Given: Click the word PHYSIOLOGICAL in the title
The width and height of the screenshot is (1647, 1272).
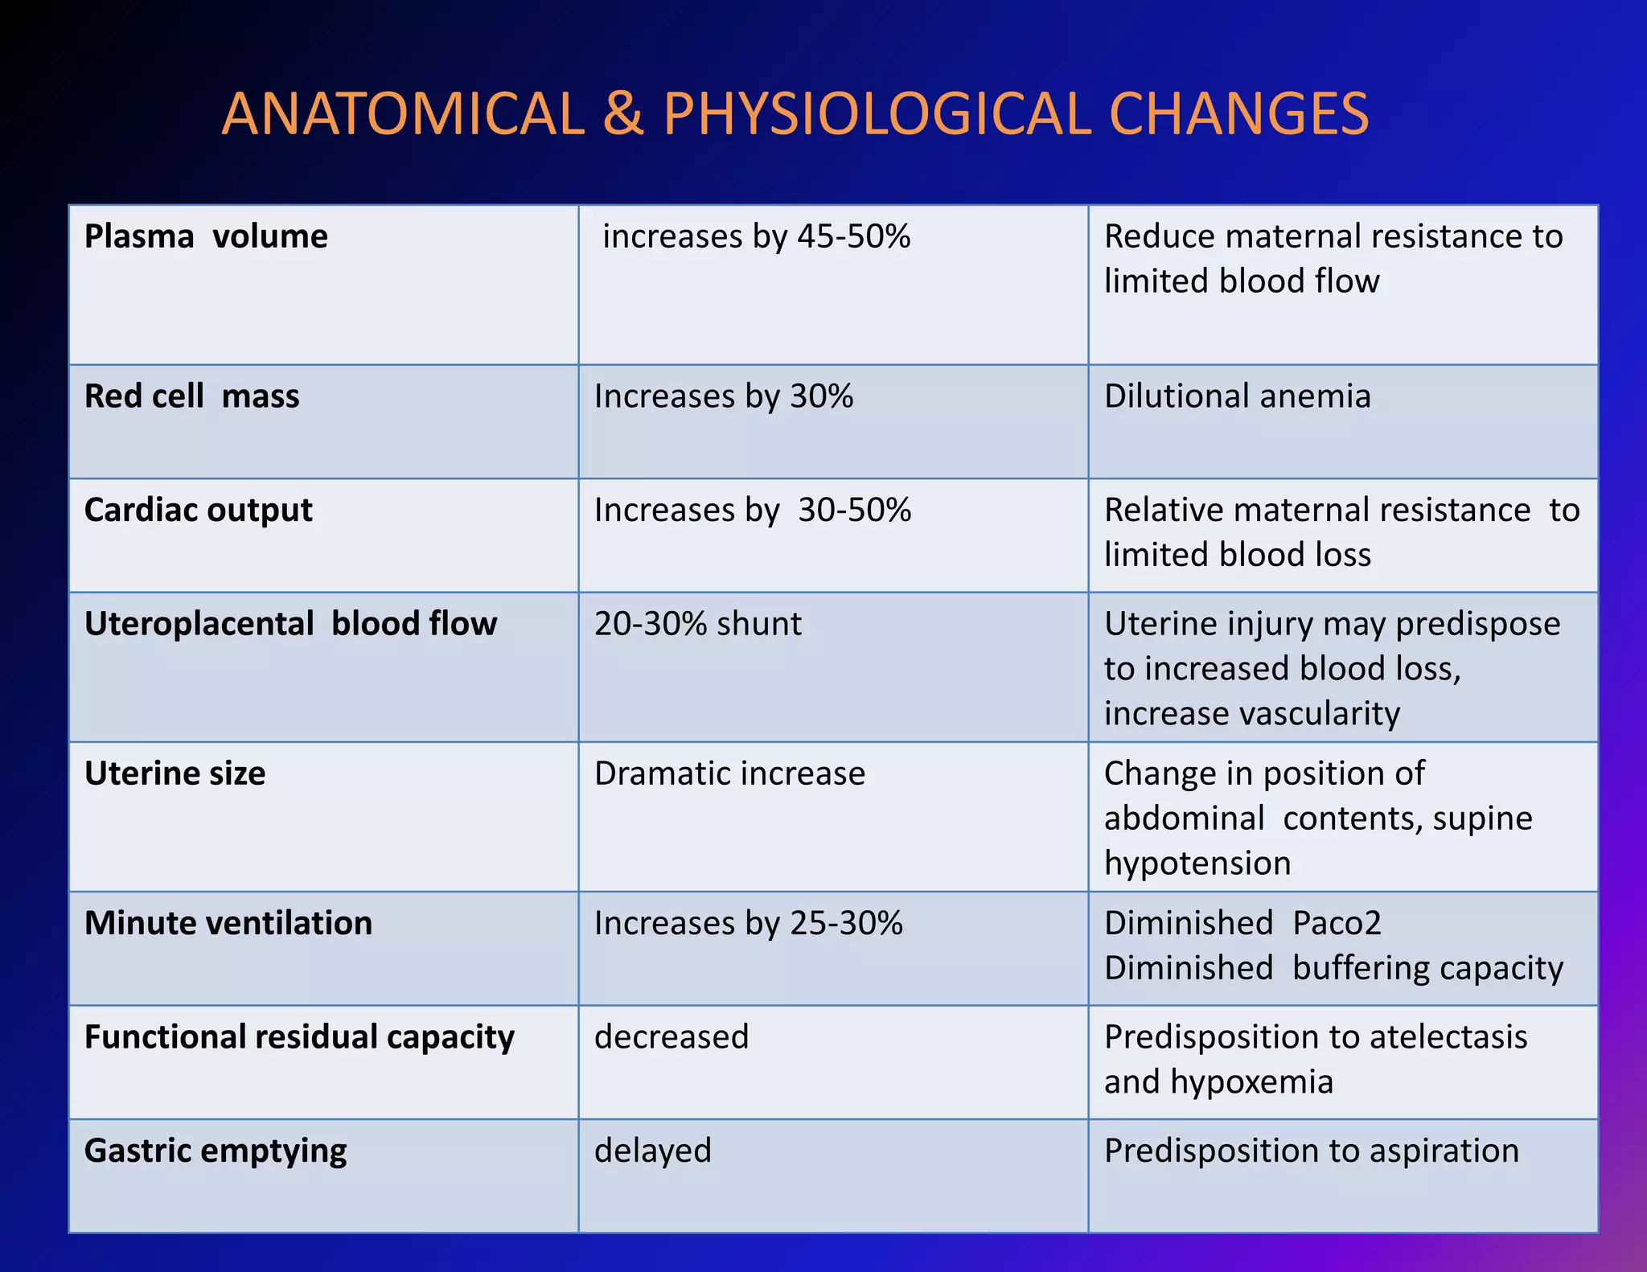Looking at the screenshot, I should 877,114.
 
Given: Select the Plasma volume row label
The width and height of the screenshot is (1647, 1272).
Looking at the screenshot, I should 206,236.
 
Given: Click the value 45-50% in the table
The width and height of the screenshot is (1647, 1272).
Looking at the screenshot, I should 854,236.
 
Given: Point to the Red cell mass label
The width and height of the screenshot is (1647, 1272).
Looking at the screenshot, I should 191,396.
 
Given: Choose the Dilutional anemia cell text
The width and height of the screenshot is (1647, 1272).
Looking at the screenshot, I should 1237,396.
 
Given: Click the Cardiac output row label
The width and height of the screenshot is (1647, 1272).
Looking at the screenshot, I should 198,511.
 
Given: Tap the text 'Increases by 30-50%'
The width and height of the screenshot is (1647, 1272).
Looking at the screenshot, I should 753,511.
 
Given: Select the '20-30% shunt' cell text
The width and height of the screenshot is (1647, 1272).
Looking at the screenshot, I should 697,624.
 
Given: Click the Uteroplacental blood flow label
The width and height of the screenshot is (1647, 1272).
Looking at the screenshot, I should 290,624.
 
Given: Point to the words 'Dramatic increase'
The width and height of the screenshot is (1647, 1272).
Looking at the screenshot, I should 729,773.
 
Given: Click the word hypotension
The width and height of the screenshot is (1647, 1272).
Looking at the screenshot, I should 1197,864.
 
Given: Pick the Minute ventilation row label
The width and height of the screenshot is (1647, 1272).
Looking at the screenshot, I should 228,923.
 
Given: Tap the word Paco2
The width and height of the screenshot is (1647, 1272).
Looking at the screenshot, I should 1337,923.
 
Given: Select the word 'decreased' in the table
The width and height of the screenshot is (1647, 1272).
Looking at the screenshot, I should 672,1037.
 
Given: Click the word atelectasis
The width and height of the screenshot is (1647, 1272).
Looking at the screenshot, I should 1448,1037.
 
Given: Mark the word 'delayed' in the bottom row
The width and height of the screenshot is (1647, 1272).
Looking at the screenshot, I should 653,1151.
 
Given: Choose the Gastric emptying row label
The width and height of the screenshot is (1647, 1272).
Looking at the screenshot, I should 216,1151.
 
